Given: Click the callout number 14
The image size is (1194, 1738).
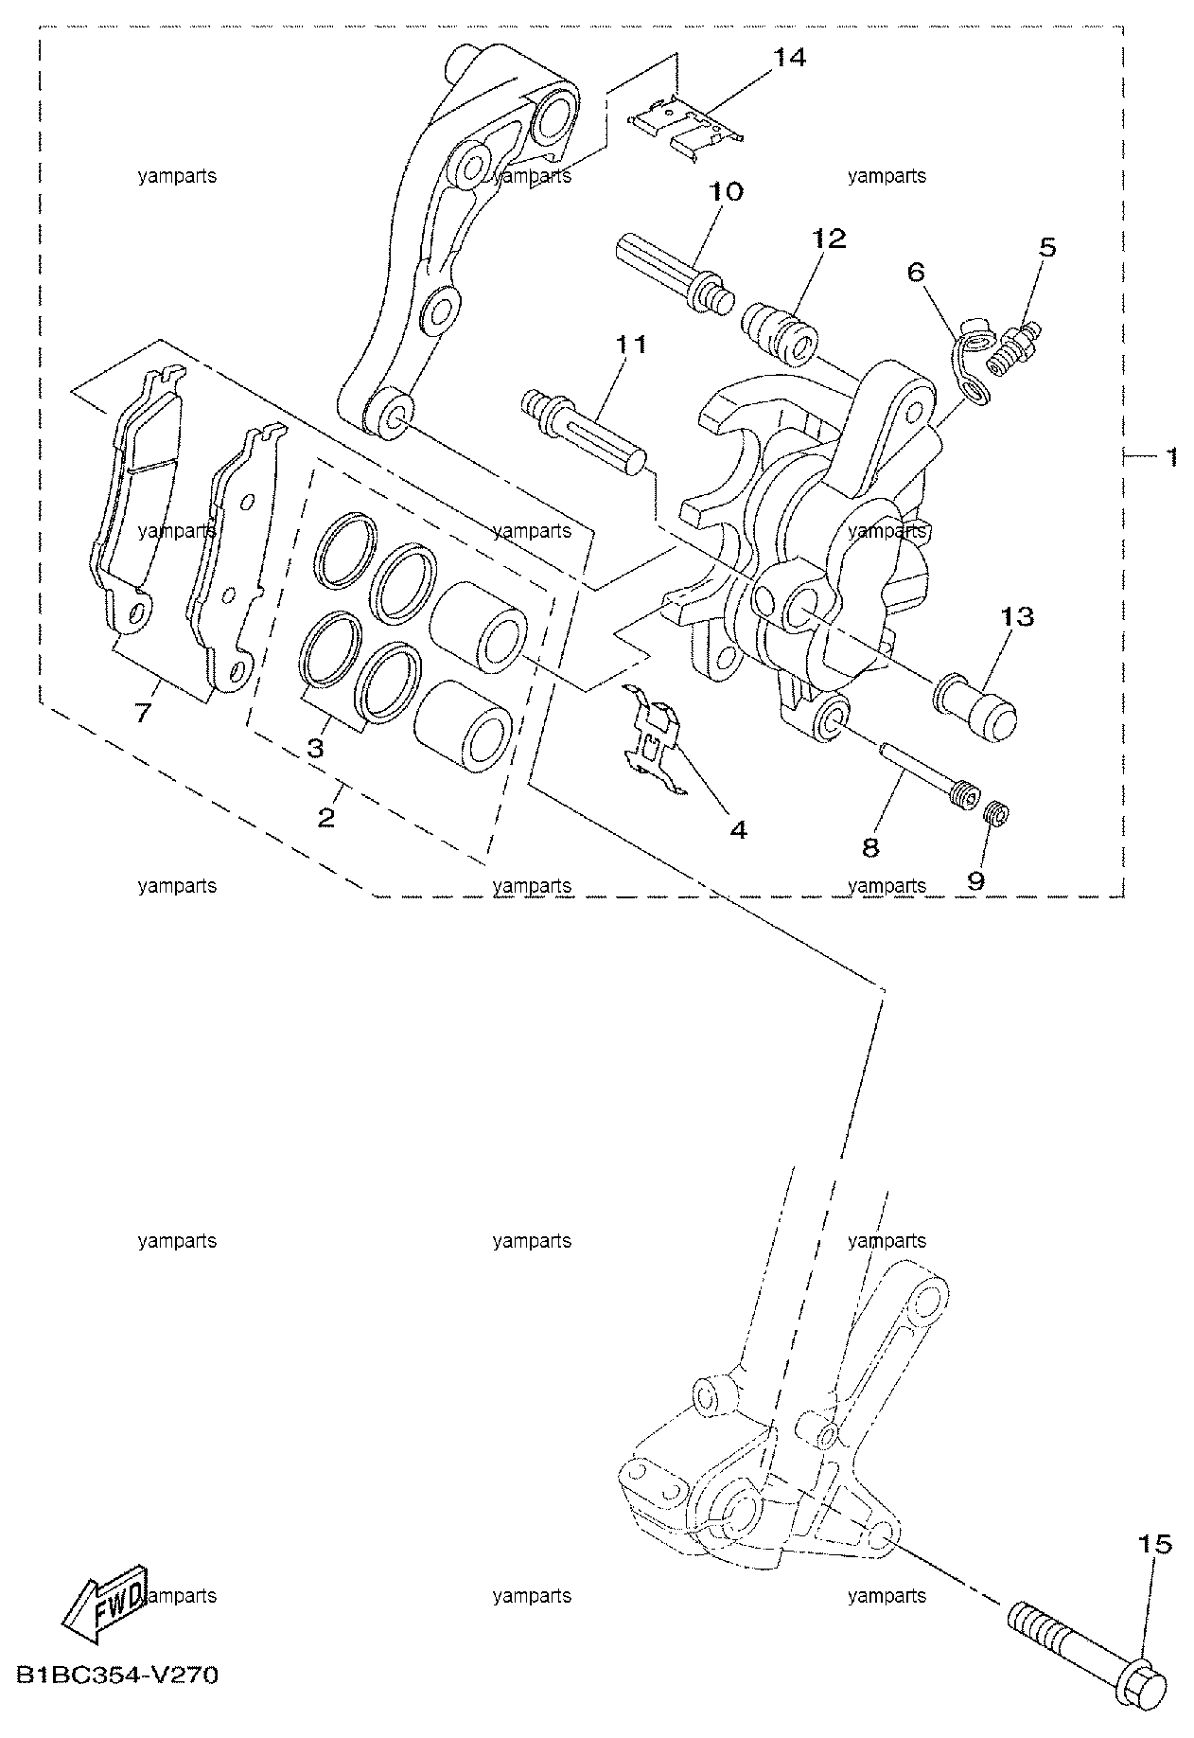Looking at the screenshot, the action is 789,59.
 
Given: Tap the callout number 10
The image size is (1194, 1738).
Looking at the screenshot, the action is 726,192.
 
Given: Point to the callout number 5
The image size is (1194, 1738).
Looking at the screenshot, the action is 1046,249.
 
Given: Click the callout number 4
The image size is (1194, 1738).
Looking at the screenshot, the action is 738,830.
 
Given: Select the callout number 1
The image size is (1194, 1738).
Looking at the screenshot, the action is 1170,457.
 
